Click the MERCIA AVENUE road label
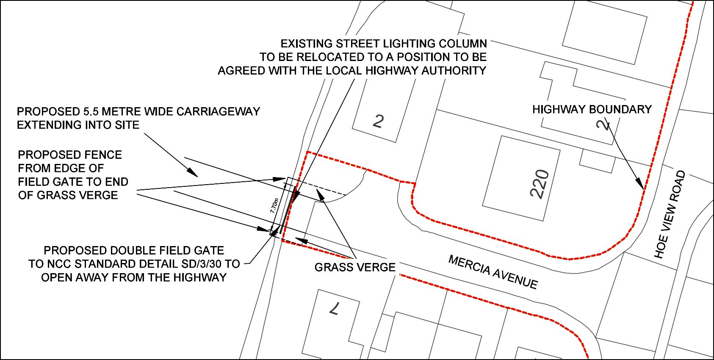[493, 272]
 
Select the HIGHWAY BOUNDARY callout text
[592, 109]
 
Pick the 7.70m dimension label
[274, 205]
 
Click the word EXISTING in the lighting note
[306, 44]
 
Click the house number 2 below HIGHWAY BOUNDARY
[604, 124]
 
